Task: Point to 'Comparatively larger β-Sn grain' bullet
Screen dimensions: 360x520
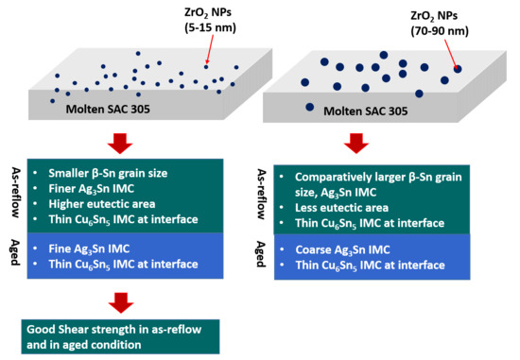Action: [373, 177]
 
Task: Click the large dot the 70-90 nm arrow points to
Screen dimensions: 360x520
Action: [456, 68]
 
